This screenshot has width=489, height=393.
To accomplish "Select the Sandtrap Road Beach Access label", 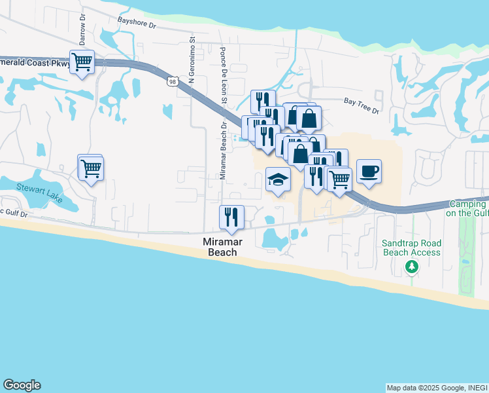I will click(x=411, y=248).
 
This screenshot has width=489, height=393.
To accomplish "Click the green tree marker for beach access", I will click(x=411, y=267).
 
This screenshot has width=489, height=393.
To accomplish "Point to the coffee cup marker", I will click(x=369, y=171).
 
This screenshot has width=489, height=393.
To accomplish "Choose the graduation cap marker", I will click(x=278, y=179).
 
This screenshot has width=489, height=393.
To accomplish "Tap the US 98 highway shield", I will click(x=172, y=81).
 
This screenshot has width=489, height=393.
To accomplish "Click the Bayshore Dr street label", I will click(x=137, y=23).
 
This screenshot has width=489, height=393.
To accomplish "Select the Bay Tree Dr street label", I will click(x=361, y=105).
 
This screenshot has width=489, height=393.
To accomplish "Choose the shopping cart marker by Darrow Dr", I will click(x=82, y=62).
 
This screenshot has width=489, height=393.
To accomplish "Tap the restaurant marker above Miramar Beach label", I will click(x=231, y=216).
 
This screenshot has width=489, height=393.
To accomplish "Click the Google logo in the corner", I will click(x=22, y=385).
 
